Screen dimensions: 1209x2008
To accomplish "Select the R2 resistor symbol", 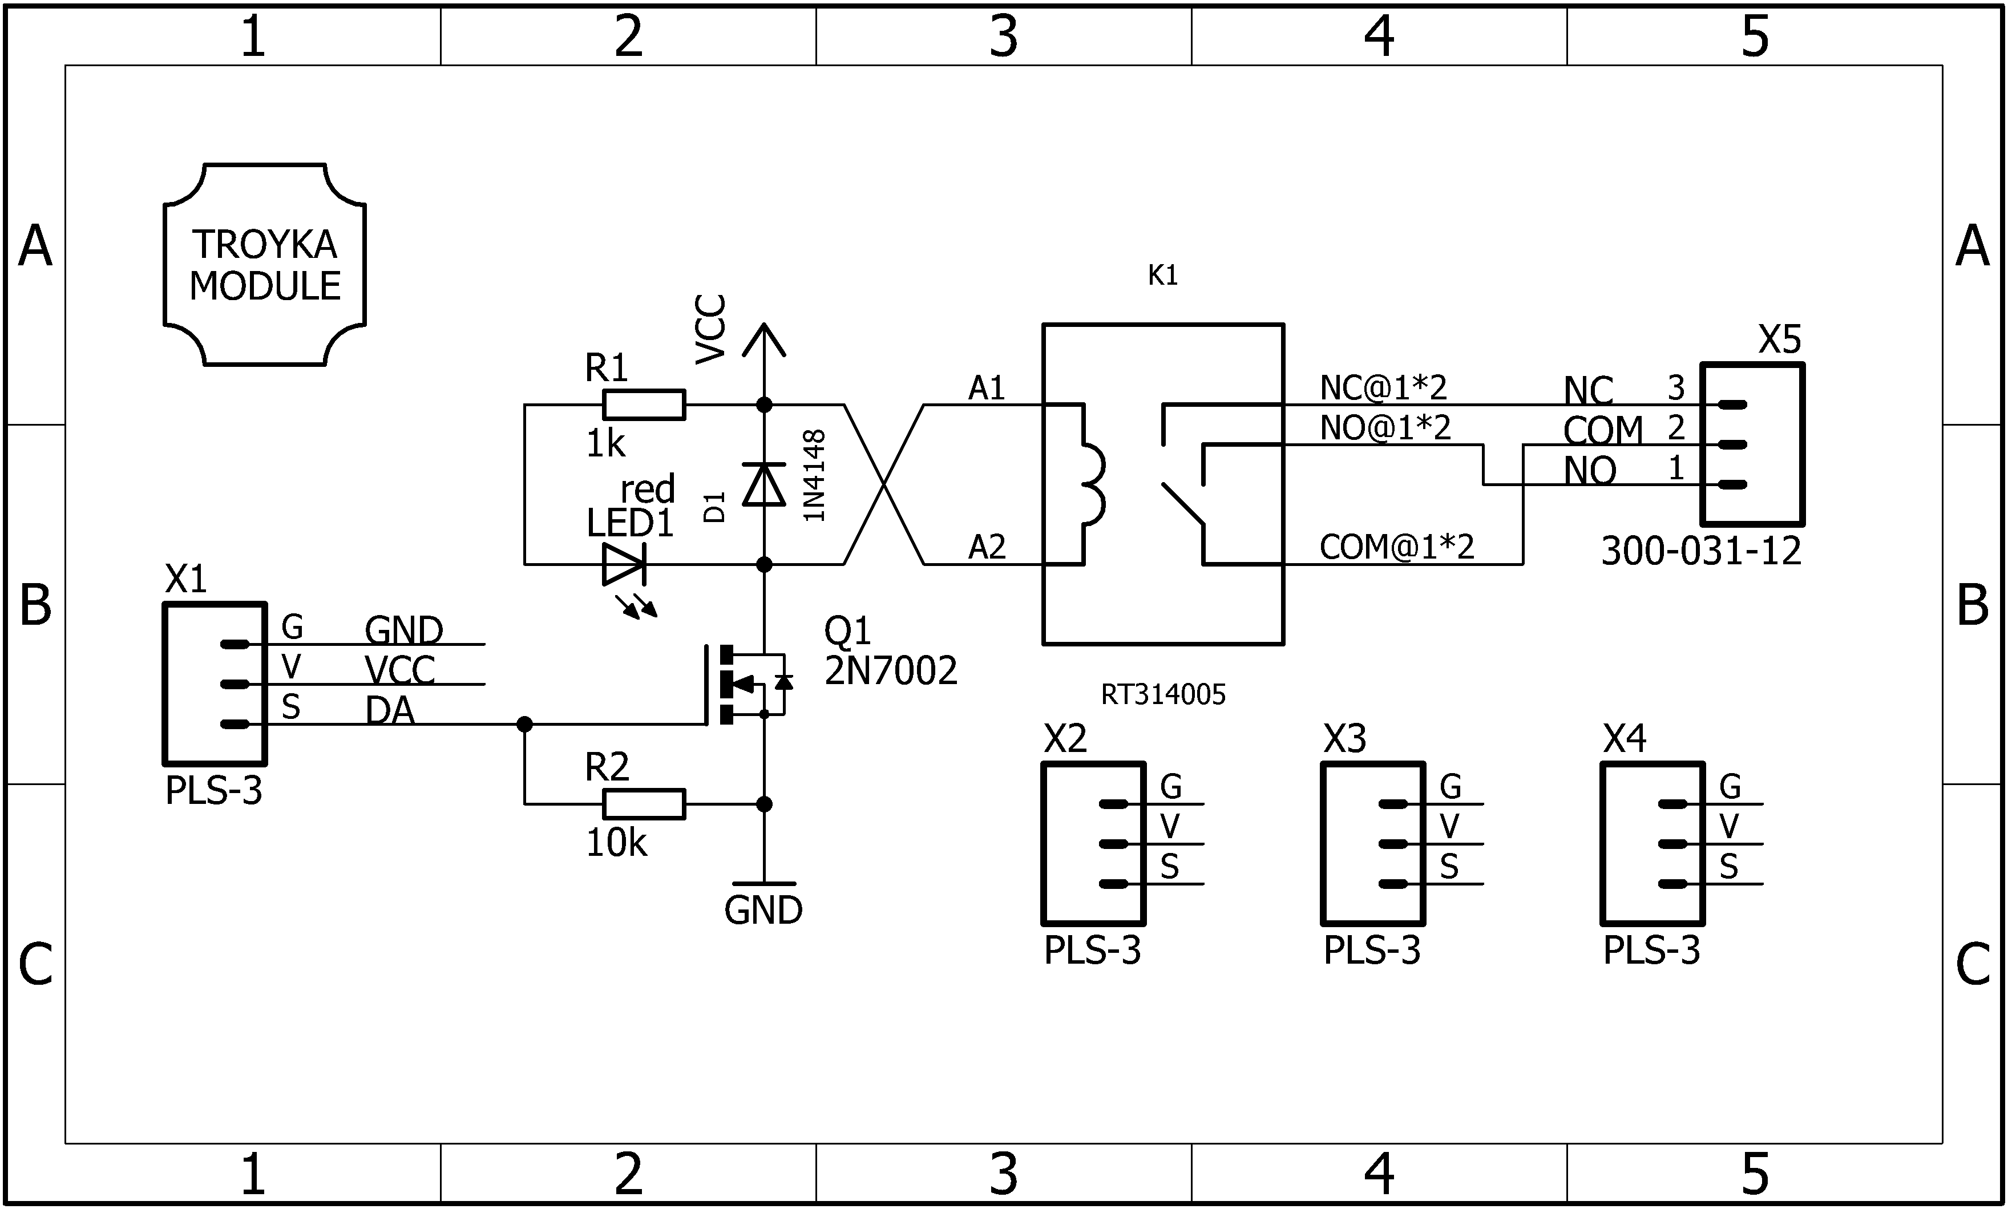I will point(644,804).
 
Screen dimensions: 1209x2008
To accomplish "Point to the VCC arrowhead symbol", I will point(764,339).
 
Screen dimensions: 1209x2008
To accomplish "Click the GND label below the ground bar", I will point(763,911).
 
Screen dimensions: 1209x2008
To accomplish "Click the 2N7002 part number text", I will point(890,672).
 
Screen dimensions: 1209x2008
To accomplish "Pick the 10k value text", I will point(616,844).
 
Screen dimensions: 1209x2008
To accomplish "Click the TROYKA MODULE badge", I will point(265,265).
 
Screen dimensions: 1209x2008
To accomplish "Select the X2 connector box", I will point(1093,843).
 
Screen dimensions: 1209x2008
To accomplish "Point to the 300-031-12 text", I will point(1701,552).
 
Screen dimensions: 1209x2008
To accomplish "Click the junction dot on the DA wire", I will point(524,724).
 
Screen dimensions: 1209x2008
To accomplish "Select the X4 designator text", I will point(1625,739).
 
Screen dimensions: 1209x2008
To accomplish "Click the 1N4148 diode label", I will point(815,476).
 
